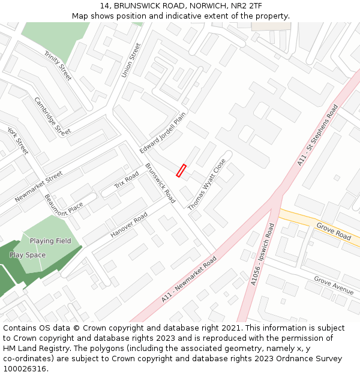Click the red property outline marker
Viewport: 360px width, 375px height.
[181, 170]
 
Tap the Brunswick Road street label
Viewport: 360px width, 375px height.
[160, 183]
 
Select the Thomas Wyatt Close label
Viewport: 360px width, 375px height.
[207, 184]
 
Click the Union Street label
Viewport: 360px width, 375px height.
[130, 60]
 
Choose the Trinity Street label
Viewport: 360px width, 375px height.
[58, 65]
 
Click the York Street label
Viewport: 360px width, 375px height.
[18, 140]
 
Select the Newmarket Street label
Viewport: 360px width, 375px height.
[39, 187]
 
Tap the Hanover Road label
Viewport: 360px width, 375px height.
[129, 225]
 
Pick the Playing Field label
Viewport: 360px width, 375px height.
[50, 241]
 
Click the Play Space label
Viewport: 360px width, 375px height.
[28, 255]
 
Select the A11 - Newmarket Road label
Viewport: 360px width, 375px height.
[188, 280]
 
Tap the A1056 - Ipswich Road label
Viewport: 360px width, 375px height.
[262, 254]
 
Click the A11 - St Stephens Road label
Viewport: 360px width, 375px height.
[318, 135]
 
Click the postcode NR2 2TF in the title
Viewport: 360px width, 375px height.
[246, 6]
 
